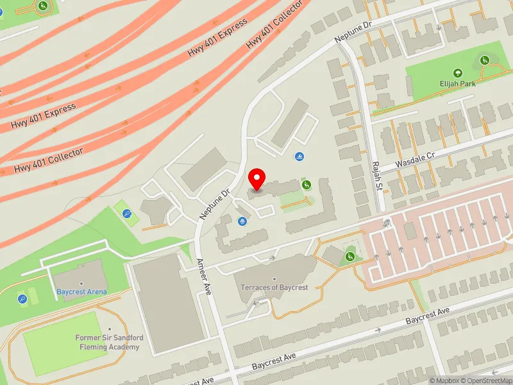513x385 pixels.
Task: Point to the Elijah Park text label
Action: click(x=457, y=83)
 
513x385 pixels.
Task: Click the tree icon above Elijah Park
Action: click(x=457, y=74)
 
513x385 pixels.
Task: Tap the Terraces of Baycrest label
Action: click(x=274, y=287)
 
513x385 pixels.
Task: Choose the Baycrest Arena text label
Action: click(x=81, y=292)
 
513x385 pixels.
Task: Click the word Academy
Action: click(x=122, y=346)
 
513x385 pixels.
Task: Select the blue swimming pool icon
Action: click(x=299, y=157)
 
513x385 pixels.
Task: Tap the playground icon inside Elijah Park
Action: click(x=485, y=60)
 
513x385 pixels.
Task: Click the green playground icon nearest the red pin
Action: click(x=307, y=185)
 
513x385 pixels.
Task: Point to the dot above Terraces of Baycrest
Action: click(x=274, y=279)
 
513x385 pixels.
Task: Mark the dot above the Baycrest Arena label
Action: click(x=81, y=283)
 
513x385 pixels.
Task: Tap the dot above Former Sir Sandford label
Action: click(x=110, y=329)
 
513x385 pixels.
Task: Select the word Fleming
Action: click(x=93, y=346)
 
